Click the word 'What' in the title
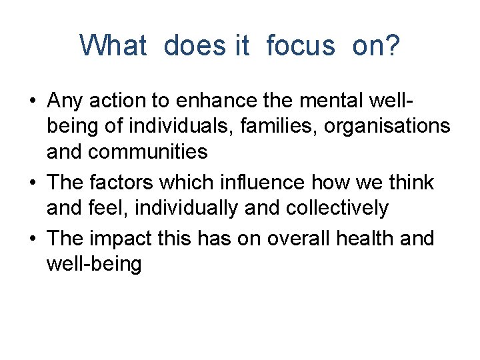click(x=113, y=45)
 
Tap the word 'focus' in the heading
click(x=300, y=45)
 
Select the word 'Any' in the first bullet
click(x=65, y=101)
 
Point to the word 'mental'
click(x=319, y=101)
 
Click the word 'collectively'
click(x=337, y=207)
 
